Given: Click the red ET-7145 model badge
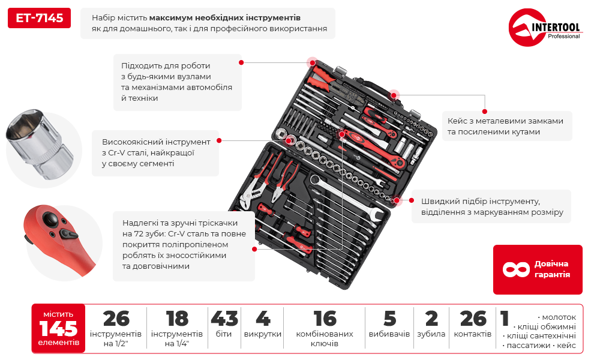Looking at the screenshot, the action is (x=39, y=18).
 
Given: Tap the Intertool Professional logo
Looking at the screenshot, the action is (x=545, y=27).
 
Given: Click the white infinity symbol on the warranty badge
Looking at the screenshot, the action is (x=515, y=269).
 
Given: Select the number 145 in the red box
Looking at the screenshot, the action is (x=58, y=328).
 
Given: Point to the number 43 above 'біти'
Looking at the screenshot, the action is (x=224, y=319).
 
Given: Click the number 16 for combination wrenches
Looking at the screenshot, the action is (x=325, y=319).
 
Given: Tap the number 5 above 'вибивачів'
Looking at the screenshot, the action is (x=389, y=319).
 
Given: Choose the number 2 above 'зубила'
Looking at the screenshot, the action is (x=431, y=319).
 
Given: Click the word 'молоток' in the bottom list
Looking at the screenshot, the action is (x=559, y=317).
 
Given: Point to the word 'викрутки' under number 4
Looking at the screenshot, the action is (x=263, y=334).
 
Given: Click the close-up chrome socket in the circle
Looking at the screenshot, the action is (x=39, y=145).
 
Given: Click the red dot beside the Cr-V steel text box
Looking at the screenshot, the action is (x=219, y=140).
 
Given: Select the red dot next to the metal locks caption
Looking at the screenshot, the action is (x=485, y=112).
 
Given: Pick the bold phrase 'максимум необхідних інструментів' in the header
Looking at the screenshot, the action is (x=225, y=18).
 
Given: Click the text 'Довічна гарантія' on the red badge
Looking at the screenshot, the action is (x=552, y=269).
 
